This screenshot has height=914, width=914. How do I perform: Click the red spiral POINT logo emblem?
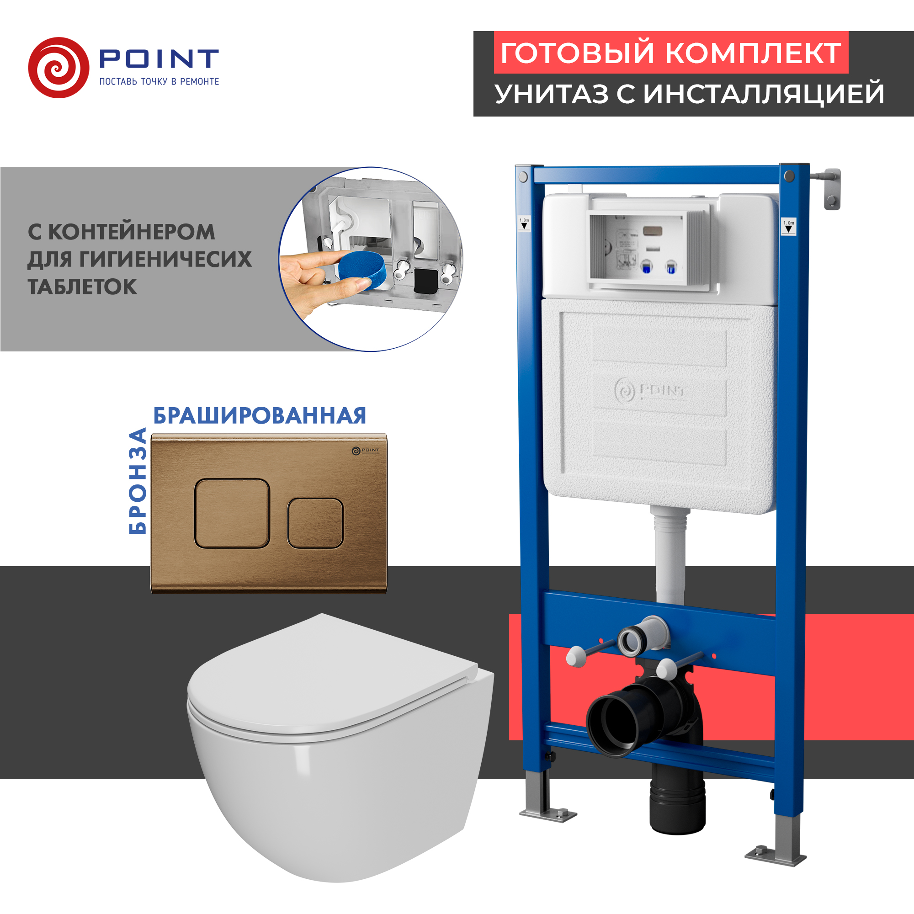[x=58, y=68]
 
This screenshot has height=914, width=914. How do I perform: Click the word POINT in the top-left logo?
[x=159, y=59]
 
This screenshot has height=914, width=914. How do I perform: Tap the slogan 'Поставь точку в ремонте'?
[x=159, y=82]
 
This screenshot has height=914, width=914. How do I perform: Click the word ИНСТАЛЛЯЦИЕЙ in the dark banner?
[x=764, y=94]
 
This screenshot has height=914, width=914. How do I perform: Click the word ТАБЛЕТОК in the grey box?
[x=82, y=287]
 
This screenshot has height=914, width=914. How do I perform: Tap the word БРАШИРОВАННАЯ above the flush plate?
[x=260, y=416]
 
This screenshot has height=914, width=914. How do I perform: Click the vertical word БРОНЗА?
[x=138, y=481]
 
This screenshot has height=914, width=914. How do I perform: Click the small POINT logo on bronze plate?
[x=366, y=451]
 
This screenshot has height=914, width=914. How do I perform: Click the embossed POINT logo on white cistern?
[x=649, y=391]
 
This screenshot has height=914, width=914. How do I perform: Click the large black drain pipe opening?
[x=616, y=725]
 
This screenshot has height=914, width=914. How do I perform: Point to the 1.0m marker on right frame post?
[x=788, y=226]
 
